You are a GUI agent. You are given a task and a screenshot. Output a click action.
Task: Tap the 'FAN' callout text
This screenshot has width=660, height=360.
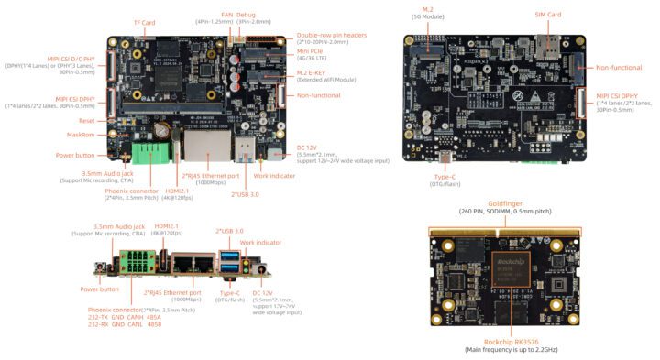226,15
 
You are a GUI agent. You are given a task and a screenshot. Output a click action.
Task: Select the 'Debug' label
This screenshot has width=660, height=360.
247,15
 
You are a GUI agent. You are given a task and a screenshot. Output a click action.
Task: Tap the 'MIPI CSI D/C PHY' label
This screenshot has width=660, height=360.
72,59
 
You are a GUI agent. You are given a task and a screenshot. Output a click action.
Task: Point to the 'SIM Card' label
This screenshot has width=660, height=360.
547,15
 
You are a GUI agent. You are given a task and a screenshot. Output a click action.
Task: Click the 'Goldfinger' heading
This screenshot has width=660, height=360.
504,202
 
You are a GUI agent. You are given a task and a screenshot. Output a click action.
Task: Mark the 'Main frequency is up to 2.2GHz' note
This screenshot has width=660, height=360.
511,350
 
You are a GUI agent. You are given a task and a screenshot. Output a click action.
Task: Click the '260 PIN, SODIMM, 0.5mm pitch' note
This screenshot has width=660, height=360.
504,212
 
